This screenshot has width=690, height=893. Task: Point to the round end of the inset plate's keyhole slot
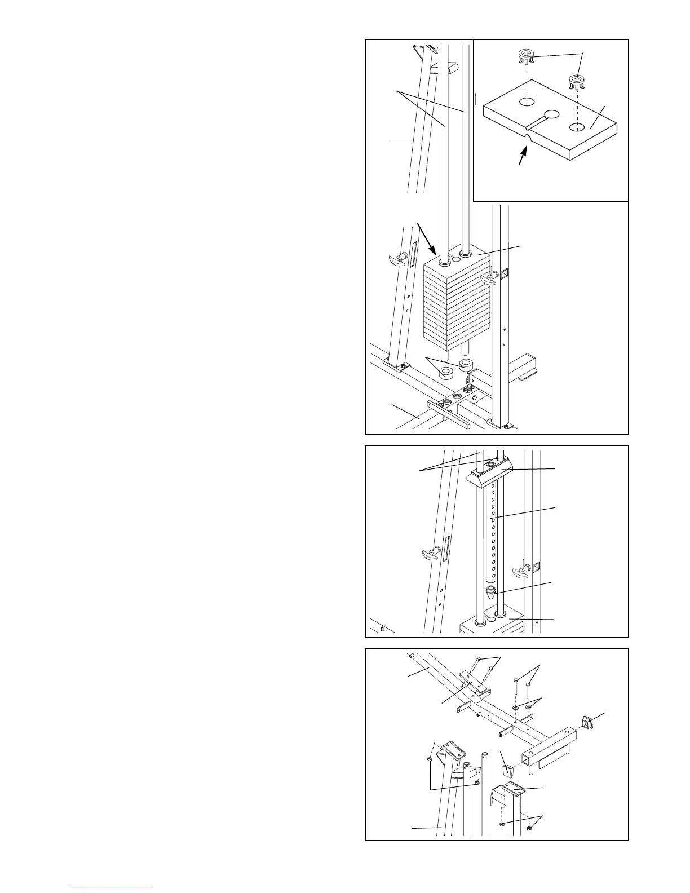551,114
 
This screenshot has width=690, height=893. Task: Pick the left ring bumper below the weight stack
446,373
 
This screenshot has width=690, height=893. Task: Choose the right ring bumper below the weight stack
466,363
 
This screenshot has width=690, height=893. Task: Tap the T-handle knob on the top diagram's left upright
399,260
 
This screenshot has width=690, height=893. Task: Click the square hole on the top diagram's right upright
504,275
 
